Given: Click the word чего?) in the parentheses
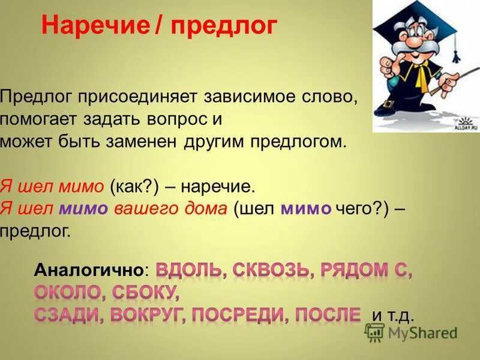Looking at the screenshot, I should click(x=362, y=209).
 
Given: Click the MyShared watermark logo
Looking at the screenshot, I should click(x=412, y=332).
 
